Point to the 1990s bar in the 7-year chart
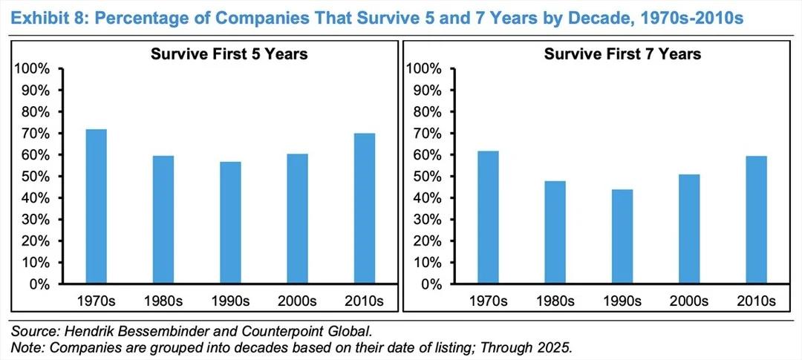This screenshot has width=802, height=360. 622,237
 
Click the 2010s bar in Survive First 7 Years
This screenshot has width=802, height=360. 756,220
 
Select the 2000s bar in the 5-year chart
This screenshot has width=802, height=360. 297,219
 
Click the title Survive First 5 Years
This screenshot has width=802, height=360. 229,53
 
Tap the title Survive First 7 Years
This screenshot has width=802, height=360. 622,53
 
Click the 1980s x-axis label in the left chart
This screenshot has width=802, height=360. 163,301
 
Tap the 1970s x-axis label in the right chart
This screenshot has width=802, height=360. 488,301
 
